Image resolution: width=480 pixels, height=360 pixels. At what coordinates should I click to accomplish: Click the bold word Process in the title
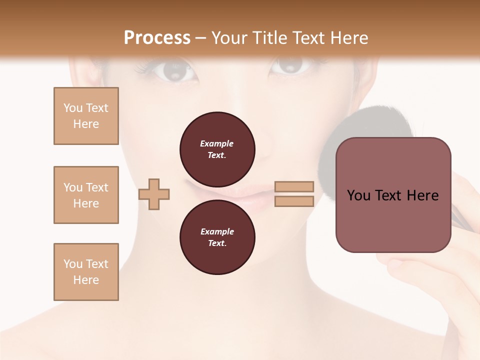(157, 38)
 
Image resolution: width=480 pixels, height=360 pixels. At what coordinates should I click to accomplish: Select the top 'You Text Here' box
(86, 116)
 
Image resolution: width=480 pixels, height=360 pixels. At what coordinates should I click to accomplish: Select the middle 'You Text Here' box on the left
(86, 195)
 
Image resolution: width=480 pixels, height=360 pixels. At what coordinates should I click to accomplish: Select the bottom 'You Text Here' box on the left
(86, 272)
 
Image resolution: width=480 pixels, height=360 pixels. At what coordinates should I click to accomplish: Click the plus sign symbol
(154, 194)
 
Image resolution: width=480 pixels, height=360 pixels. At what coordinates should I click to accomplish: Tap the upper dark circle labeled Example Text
(217, 149)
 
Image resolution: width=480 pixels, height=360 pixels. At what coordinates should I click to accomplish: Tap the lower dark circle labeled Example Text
(217, 237)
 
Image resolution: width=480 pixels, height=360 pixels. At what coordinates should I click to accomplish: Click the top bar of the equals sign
(294, 186)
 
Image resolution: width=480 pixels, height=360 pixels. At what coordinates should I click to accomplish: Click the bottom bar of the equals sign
(294, 201)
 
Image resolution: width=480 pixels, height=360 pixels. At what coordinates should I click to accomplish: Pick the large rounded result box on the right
(393, 195)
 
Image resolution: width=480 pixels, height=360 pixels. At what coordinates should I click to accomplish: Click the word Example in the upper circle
(216, 143)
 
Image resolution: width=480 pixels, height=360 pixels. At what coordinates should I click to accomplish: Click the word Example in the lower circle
(216, 231)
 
